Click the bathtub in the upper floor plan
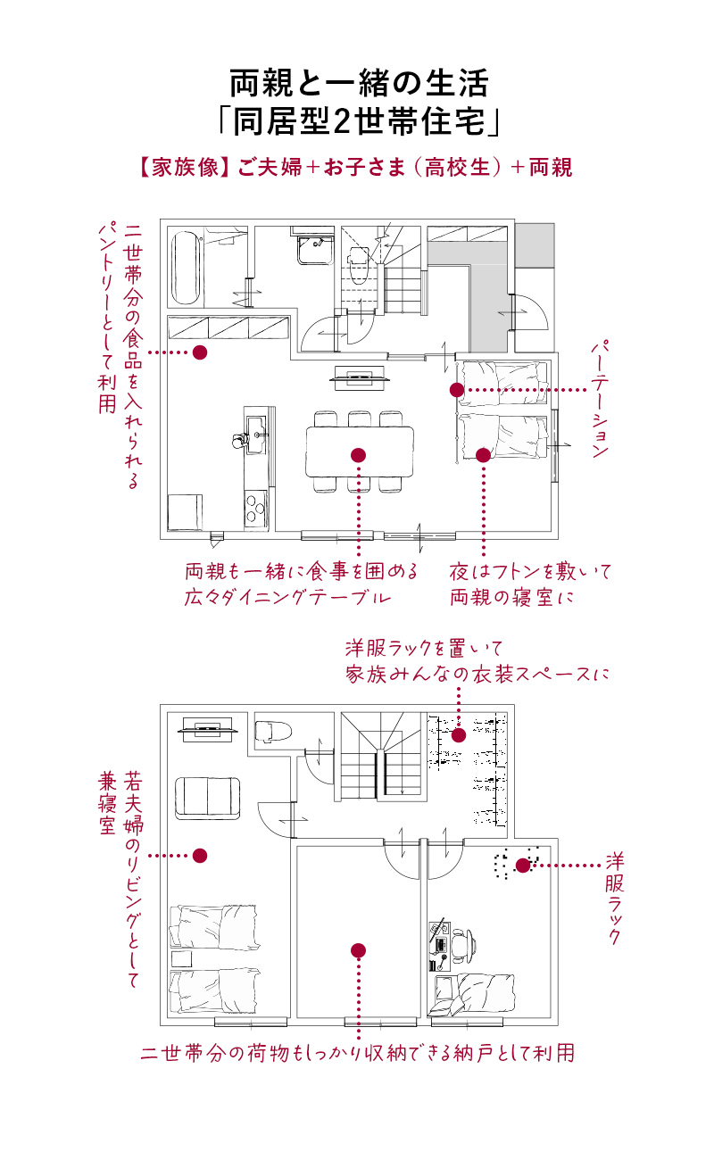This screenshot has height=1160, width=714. (x=186, y=267)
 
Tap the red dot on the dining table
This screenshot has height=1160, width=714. (x=359, y=455)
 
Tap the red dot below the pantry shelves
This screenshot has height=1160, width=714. (x=200, y=352)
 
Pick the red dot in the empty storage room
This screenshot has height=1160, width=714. (x=359, y=950)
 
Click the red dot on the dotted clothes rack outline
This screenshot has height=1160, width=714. (x=523, y=865)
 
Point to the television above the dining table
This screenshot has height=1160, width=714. (x=361, y=377)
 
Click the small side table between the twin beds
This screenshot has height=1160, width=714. (x=181, y=959)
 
